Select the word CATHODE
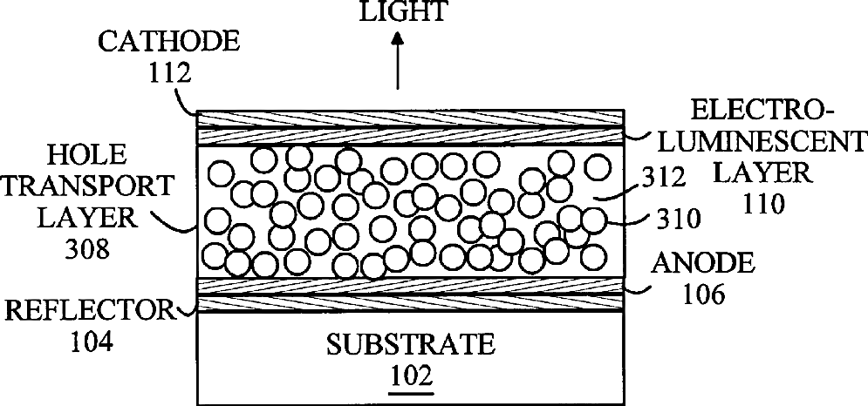click(147, 41)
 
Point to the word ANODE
click(707, 263)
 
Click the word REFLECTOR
click(87, 309)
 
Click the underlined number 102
click(410, 376)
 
